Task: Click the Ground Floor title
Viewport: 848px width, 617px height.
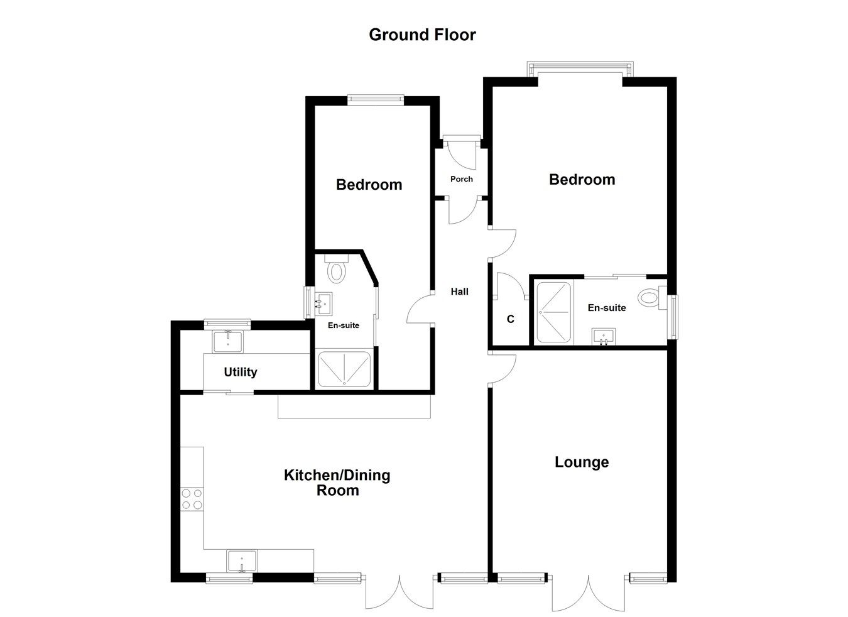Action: (x=422, y=35)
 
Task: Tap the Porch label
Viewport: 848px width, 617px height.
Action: (x=462, y=179)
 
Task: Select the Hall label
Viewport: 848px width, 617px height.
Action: (x=459, y=292)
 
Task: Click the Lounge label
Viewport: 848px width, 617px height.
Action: (x=582, y=462)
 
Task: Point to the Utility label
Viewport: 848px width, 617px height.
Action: (x=241, y=372)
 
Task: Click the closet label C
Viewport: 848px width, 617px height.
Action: (x=511, y=319)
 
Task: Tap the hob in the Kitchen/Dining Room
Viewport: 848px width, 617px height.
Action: (x=192, y=499)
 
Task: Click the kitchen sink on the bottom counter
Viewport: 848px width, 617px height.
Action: (x=242, y=560)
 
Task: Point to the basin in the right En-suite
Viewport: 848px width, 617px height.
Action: (x=604, y=336)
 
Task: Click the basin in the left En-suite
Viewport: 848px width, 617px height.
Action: (x=326, y=305)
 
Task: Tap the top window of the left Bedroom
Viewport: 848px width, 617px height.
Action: (x=375, y=97)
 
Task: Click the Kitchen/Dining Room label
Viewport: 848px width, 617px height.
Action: (x=337, y=483)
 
